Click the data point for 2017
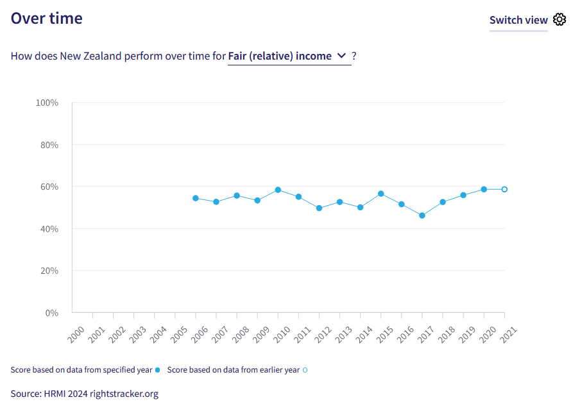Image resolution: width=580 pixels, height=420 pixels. coord(422,215)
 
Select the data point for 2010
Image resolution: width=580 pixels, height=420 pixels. coord(278,190)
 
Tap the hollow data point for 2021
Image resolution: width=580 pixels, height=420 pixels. coord(504,189)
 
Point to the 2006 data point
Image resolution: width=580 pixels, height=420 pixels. coord(196,198)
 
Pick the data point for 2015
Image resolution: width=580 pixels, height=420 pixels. coord(381,194)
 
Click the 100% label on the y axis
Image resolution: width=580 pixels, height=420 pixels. coord(46,103)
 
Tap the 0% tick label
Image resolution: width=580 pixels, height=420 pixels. coord(51,313)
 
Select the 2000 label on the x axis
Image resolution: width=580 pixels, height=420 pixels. coord(76,333)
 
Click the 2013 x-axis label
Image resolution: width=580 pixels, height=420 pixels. coord(343,333)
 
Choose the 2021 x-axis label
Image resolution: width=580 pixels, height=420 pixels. coord(508,333)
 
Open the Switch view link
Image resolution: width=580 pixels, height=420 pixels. coord(518,20)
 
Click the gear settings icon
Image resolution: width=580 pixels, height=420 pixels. coord(559,19)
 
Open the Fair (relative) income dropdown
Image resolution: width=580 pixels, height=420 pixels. coord(289,56)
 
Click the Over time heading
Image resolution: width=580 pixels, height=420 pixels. coord(47,18)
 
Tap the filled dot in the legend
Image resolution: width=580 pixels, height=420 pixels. coord(158,370)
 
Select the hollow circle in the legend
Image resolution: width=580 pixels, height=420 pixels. coord(305,370)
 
